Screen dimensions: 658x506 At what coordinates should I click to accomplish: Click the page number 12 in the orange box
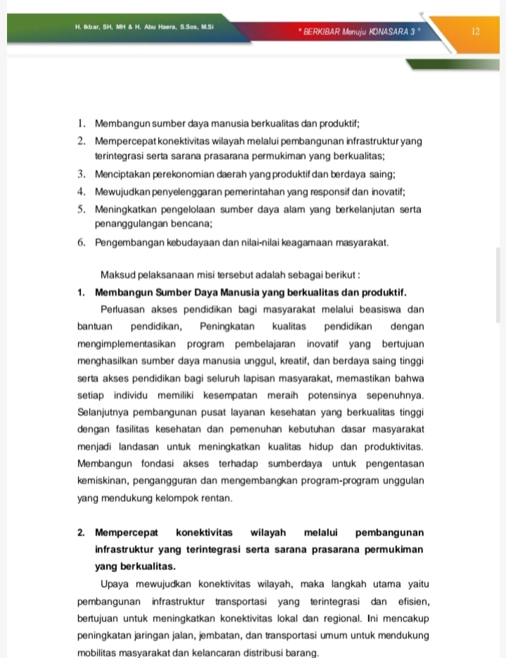[476, 32]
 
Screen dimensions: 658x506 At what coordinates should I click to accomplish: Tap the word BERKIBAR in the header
[321, 32]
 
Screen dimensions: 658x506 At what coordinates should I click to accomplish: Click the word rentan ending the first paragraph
[216, 498]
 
